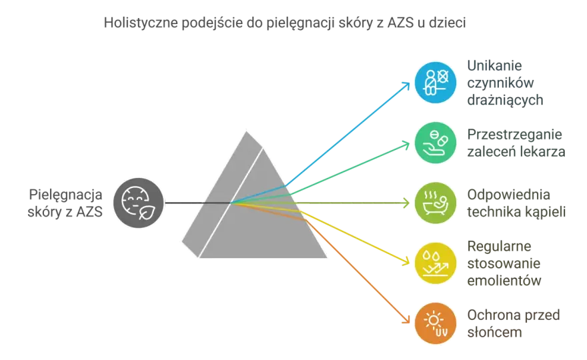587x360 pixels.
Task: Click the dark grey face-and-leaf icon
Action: [x=139, y=203]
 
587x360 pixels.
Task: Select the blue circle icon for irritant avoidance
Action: [x=436, y=82]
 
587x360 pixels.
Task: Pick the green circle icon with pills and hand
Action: [x=436, y=143]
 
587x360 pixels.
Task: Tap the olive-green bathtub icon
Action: [x=436, y=203]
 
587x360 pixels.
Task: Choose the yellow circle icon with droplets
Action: [x=436, y=263]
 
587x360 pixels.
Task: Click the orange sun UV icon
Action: [x=436, y=323]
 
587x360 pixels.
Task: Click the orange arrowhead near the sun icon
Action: [x=406, y=319]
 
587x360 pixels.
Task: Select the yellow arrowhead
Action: [x=406, y=261]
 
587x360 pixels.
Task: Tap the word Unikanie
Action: [x=494, y=65]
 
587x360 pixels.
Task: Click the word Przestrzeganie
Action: [x=514, y=135]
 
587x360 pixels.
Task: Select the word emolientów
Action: [x=504, y=280]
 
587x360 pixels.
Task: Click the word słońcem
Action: [x=494, y=332]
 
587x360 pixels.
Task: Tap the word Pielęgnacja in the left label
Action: [x=65, y=195]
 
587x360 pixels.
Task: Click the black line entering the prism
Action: [x=197, y=203]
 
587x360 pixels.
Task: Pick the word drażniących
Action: [x=505, y=100]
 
